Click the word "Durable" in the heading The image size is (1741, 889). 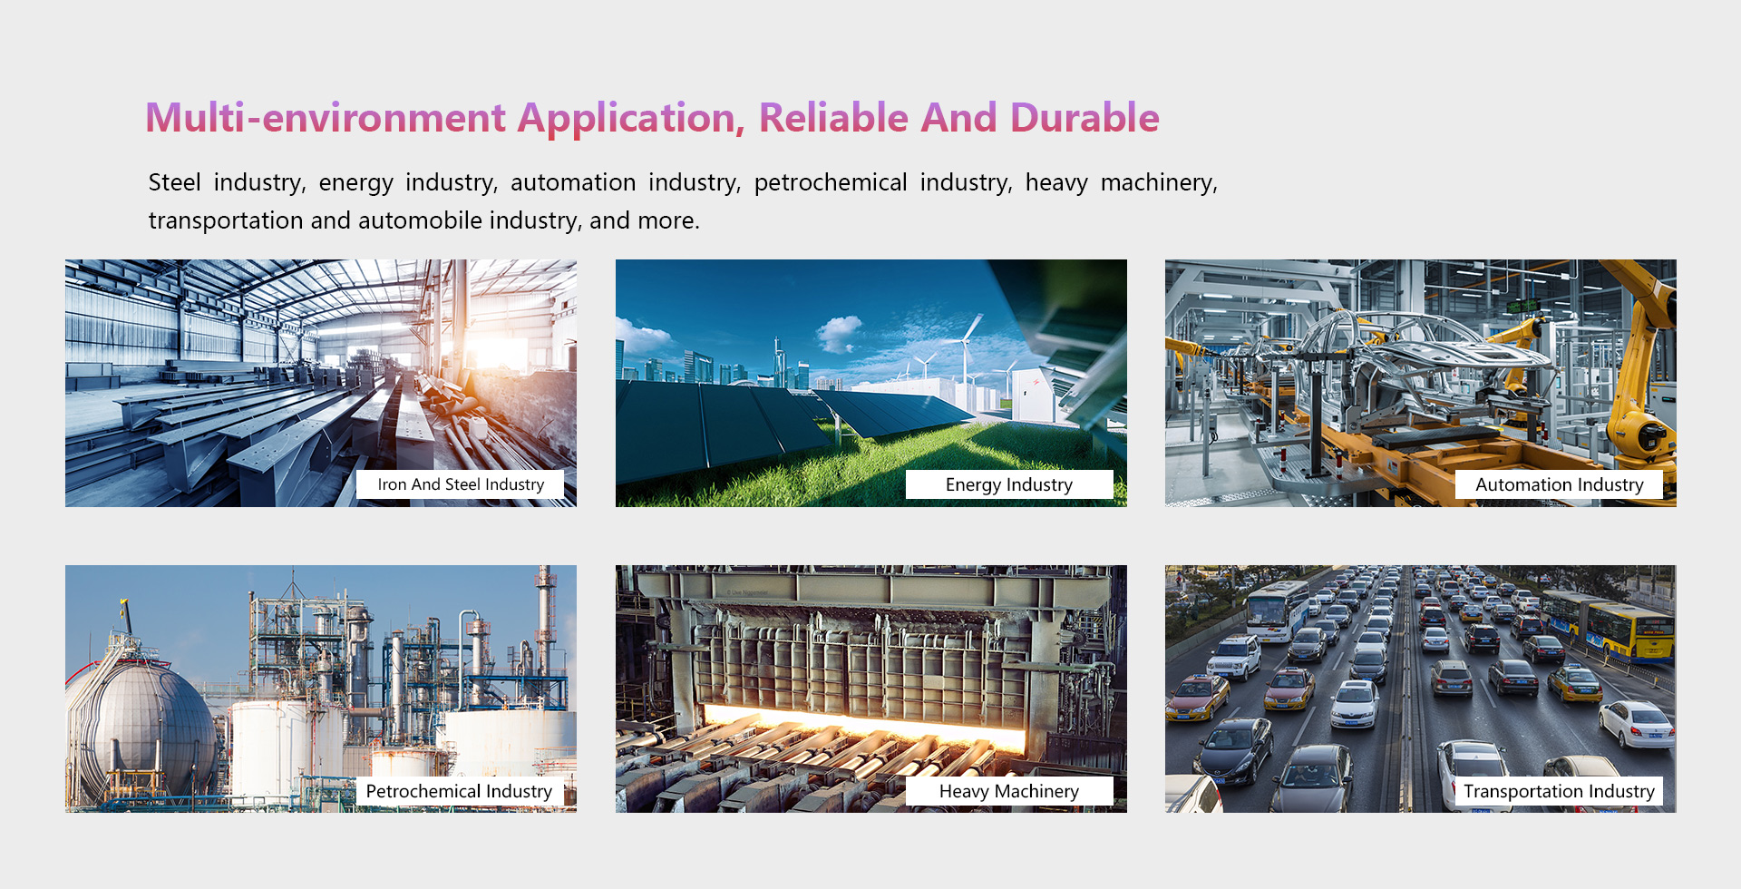pos(1084,118)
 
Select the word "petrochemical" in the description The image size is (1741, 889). pos(831,182)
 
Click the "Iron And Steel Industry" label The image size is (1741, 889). pos(461,484)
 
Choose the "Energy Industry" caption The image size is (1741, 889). pos(1009,484)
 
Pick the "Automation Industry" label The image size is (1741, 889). pos(1559,484)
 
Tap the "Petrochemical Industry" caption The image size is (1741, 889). pos(459,791)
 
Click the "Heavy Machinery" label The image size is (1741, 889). pos(1009,791)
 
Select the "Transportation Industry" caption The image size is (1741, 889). pos(1559,791)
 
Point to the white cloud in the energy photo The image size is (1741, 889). pos(840,333)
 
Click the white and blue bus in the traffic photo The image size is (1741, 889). pos(1277,610)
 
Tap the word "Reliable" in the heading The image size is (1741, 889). pos(833,118)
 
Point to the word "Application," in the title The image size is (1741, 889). pos(631,118)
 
